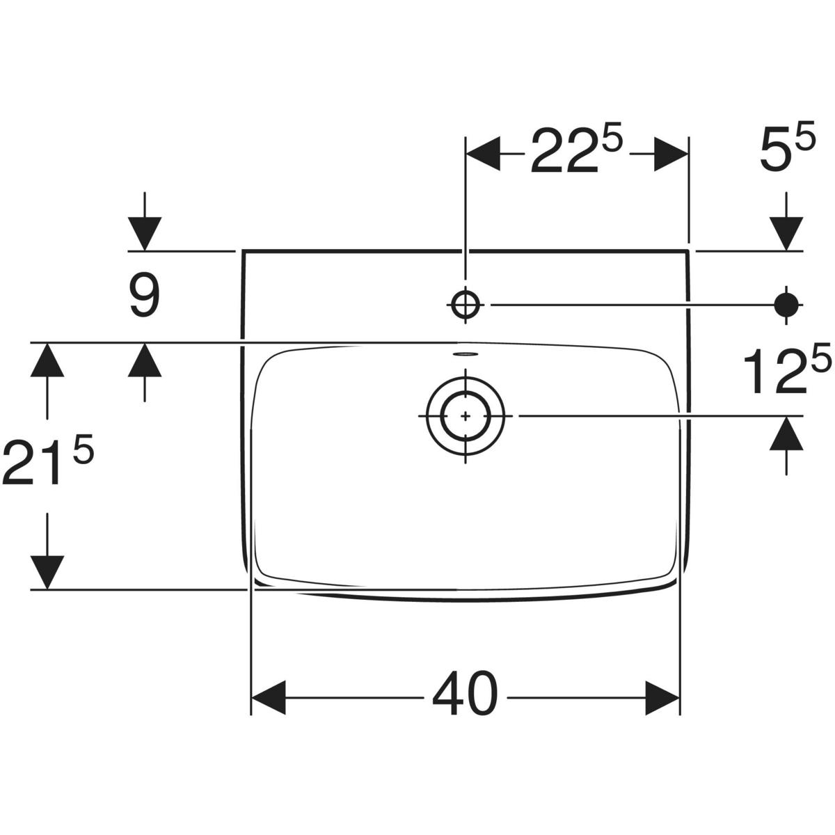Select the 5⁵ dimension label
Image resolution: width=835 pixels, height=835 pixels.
pyautogui.click(x=787, y=146)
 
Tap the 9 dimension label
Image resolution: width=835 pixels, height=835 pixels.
pyautogui.click(x=145, y=297)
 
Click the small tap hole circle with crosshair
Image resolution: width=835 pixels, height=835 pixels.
pyautogui.click(x=466, y=305)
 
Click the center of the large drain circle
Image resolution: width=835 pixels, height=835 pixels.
pyautogui.click(x=466, y=416)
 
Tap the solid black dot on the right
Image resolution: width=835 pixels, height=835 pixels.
pyautogui.click(x=786, y=305)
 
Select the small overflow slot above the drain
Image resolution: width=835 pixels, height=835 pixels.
pyautogui.click(x=465, y=355)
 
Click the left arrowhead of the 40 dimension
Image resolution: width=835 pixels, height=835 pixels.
pyautogui.click(x=269, y=698)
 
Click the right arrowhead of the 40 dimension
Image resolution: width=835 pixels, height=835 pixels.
pyautogui.click(x=662, y=698)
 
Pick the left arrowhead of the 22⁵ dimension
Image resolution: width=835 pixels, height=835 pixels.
pyautogui.click(x=483, y=154)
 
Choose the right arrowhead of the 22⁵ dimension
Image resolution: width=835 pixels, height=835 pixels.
pyautogui.click(x=671, y=154)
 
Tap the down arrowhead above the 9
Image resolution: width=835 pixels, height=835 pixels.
pyautogui.click(x=145, y=234)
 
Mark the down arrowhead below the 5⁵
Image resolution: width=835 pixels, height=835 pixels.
pyautogui.click(x=786, y=234)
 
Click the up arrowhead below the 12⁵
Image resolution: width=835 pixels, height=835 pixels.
pyautogui.click(x=786, y=434)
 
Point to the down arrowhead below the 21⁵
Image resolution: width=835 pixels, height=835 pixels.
pyautogui.click(x=47, y=573)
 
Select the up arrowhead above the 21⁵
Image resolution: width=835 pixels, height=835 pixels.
pyautogui.click(x=47, y=360)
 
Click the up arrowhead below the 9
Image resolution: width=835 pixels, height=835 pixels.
pyautogui.click(x=145, y=360)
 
